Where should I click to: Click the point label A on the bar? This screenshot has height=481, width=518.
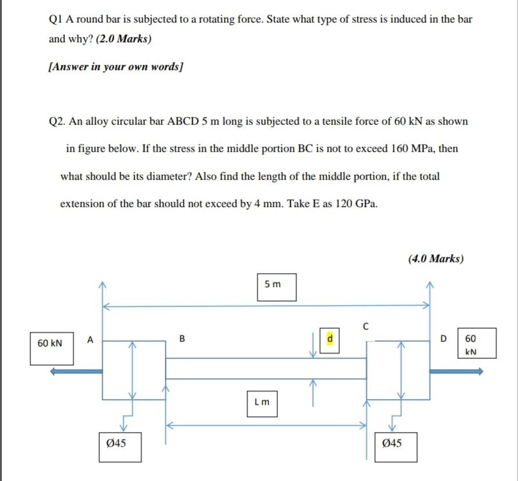(x=90, y=339)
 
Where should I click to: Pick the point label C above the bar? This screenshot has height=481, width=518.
(x=365, y=326)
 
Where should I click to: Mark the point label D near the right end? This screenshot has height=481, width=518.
(x=444, y=338)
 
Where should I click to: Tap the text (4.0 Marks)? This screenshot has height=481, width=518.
(x=436, y=259)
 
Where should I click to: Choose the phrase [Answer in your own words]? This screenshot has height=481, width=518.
(x=115, y=67)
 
